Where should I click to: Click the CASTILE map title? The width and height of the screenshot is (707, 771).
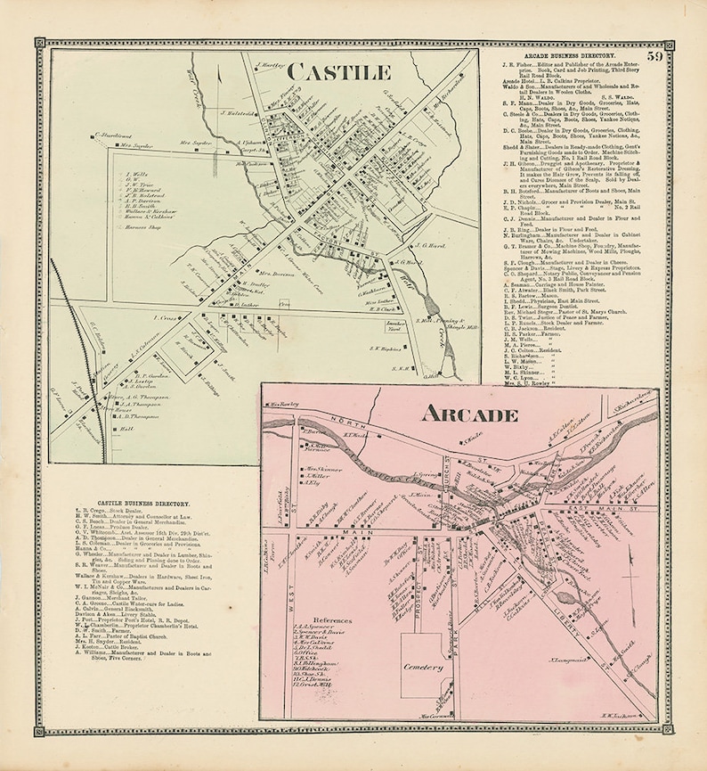338,71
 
